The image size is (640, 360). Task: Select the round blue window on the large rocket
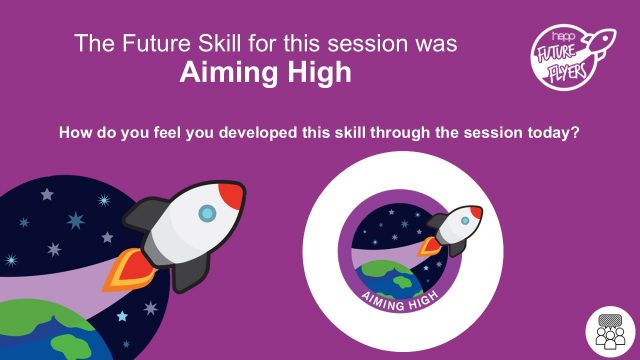pyautogui.click(x=206, y=212)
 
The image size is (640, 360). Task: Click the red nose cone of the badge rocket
pyautogui.click(x=475, y=212)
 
